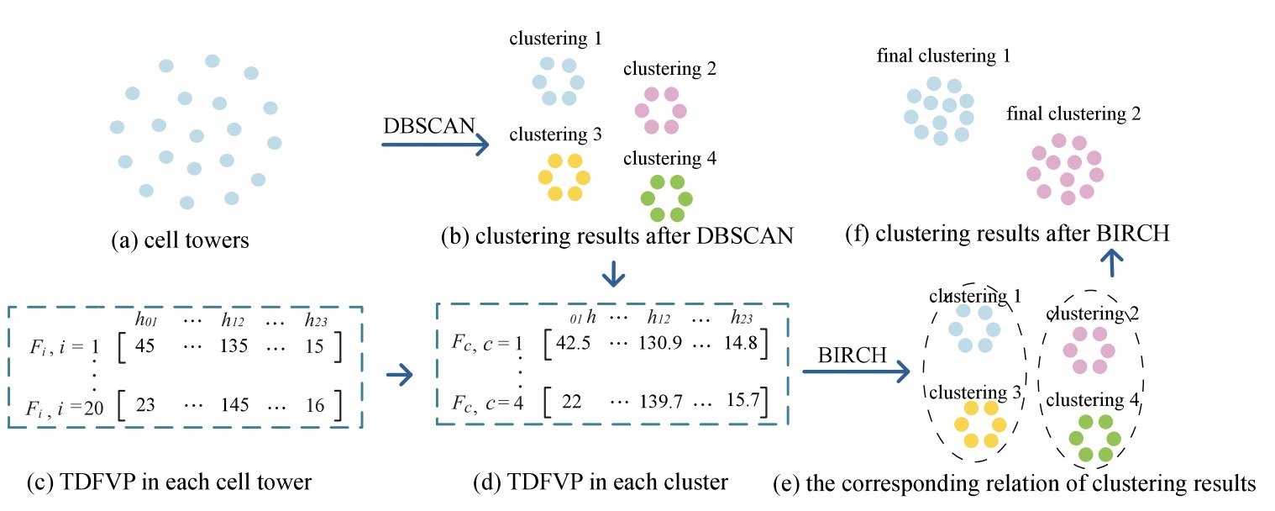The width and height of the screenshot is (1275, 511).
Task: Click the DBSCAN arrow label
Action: (429, 126)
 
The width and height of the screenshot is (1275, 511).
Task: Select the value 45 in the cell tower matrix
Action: (156, 347)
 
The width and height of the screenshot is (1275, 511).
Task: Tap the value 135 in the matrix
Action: (239, 347)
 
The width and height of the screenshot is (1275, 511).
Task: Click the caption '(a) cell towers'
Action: (181, 241)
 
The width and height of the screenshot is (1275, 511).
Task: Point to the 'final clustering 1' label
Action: (942, 56)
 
